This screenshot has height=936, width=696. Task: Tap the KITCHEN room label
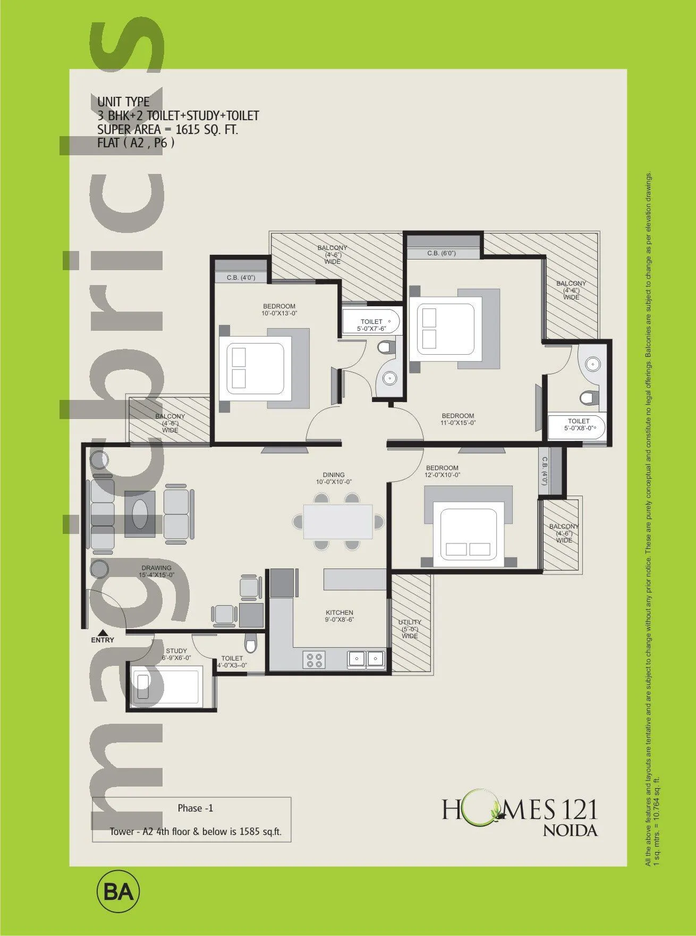click(x=339, y=616)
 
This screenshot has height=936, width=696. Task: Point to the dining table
click(x=338, y=521)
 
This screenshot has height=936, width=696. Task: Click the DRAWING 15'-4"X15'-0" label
click(x=156, y=571)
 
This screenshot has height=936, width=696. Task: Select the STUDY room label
click(x=176, y=651)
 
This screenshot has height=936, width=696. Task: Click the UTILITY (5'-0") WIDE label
click(x=410, y=629)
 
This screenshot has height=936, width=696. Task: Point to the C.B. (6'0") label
click(x=442, y=253)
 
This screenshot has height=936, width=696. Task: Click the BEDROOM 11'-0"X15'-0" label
click(x=457, y=419)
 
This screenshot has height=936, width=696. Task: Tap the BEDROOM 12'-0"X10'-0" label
click(x=442, y=471)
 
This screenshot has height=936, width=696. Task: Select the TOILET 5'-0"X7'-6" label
click(x=371, y=325)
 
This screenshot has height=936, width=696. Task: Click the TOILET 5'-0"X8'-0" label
click(x=578, y=424)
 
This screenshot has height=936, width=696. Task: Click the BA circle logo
click(x=118, y=891)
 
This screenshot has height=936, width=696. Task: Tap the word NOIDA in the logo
click(x=570, y=830)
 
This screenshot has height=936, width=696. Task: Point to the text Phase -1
click(x=195, y=808)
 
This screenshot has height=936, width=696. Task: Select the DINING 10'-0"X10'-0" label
click(x=334, y=478)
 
